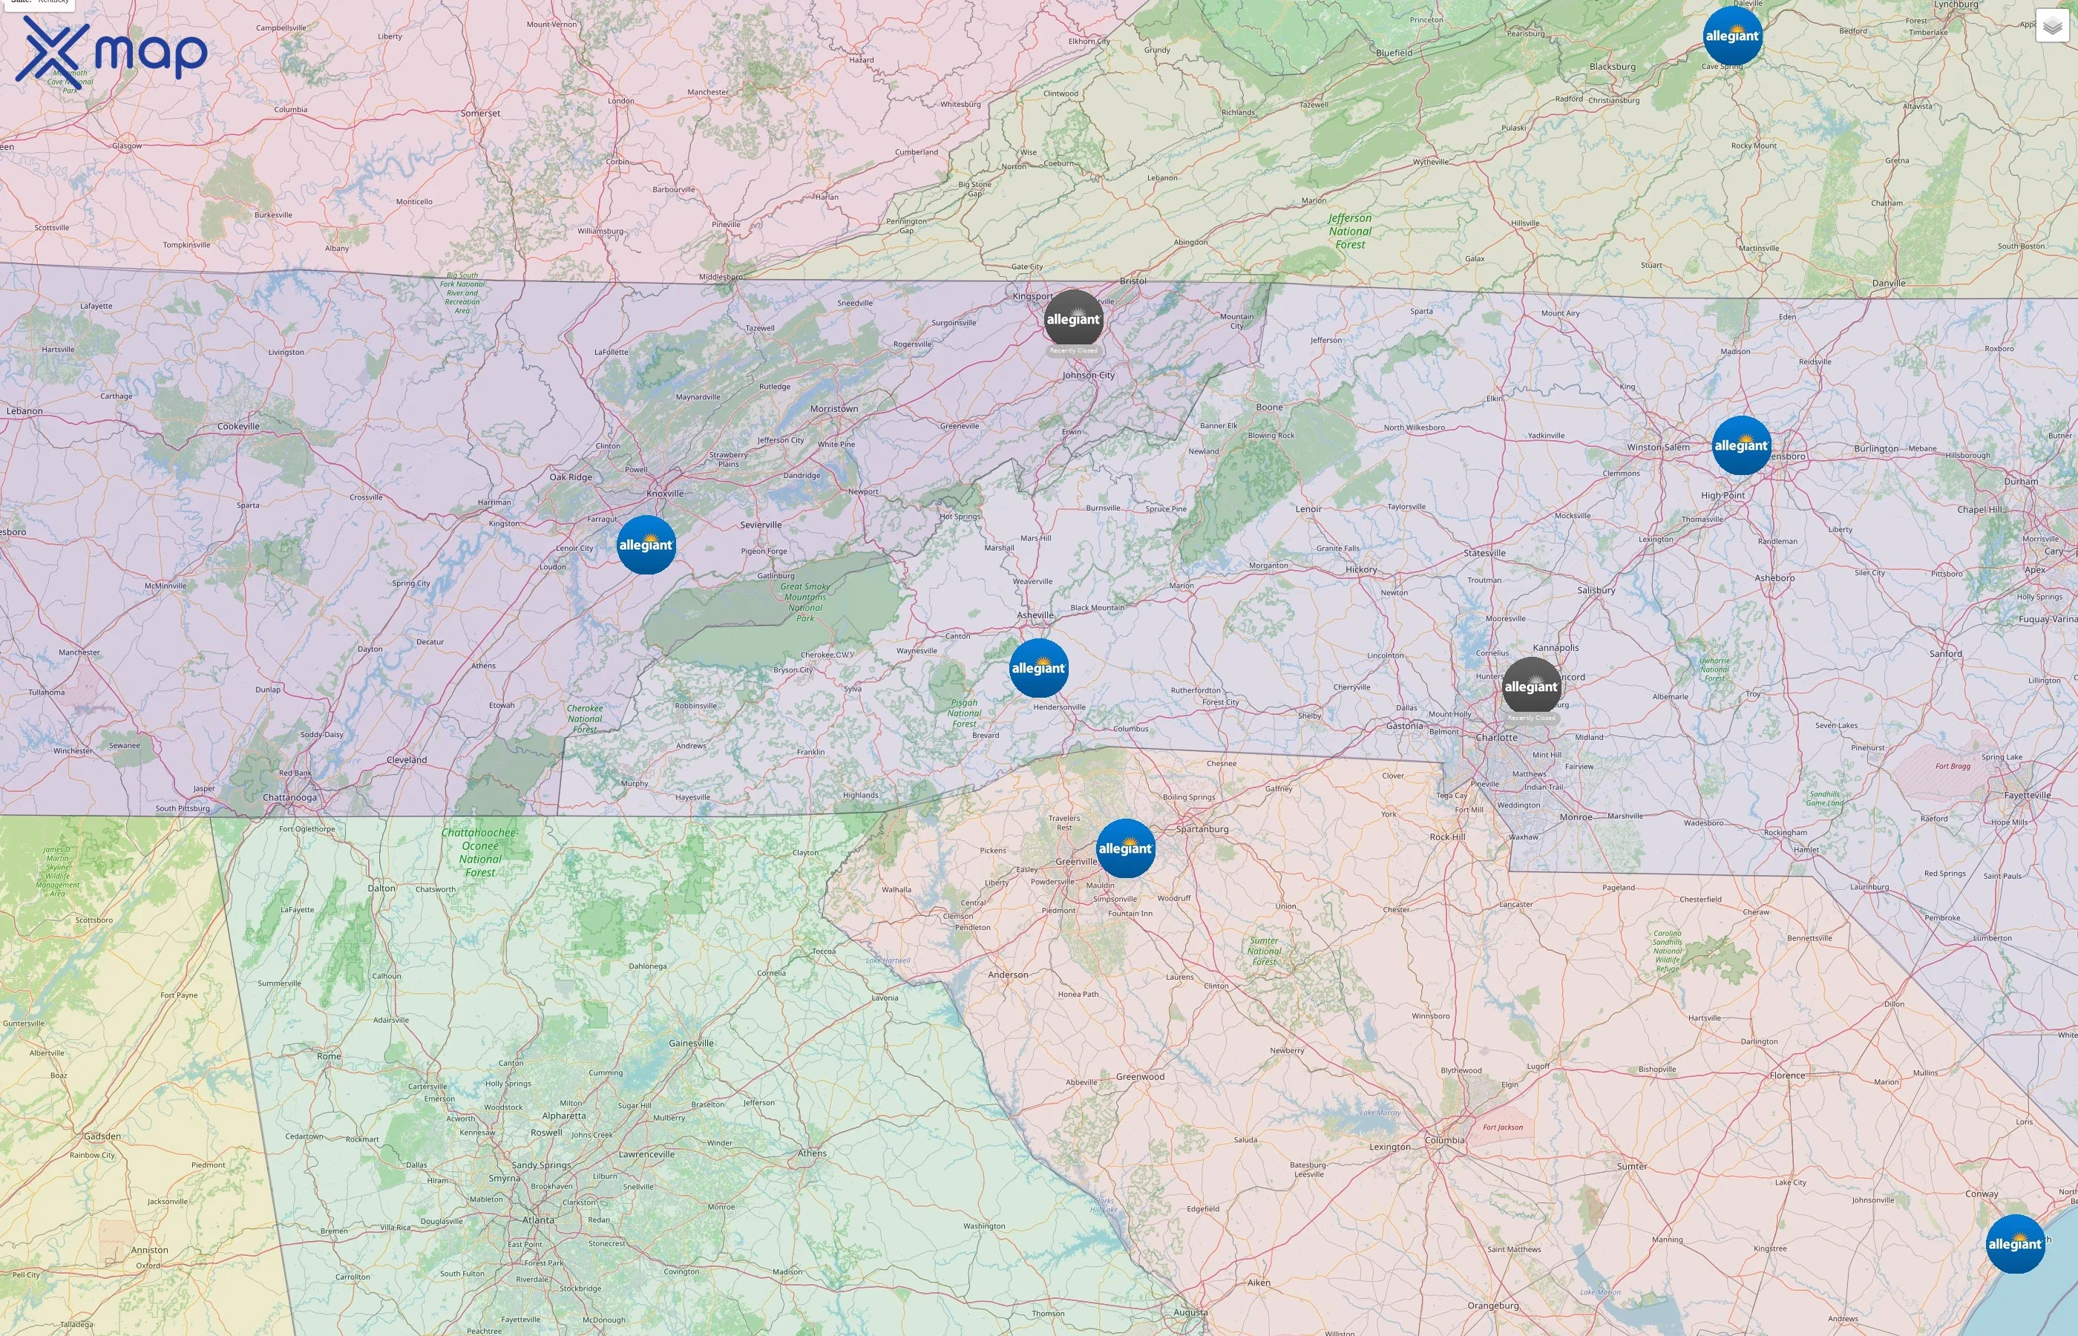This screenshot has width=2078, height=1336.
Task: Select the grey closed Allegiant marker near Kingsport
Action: click(x=1073, y=319)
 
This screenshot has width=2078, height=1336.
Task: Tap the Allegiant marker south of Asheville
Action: click(x=1038, y=668)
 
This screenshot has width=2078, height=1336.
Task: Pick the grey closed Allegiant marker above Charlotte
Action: click(x=1531, y=687)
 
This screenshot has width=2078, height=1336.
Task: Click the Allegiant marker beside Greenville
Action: click(x=1125, y=848)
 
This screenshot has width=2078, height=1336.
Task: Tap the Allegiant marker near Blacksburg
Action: click(x=1732, y=36)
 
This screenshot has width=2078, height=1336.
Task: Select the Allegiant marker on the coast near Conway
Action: click(x=2015, y=1244)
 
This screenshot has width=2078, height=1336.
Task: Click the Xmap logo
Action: click(x=111, y=53)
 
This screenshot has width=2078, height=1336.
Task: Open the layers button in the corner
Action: click(x=2052, y=26)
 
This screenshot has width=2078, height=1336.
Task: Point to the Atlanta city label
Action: click(x=538, y=1219)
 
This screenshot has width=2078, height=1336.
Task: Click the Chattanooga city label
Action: click(x=289, y=797)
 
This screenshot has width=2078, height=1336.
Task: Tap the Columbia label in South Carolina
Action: click(x=1444, y=1140)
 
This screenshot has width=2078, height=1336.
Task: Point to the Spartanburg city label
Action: click(x=1202, y=828)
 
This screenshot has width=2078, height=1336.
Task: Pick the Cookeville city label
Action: click(x=238, y=426)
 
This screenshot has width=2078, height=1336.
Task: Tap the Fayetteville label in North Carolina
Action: click(x=2027, y=795)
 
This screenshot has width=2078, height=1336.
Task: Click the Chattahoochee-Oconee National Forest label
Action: click(x=479, y=852)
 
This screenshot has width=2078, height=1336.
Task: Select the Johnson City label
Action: click(x=1089, y=375)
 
